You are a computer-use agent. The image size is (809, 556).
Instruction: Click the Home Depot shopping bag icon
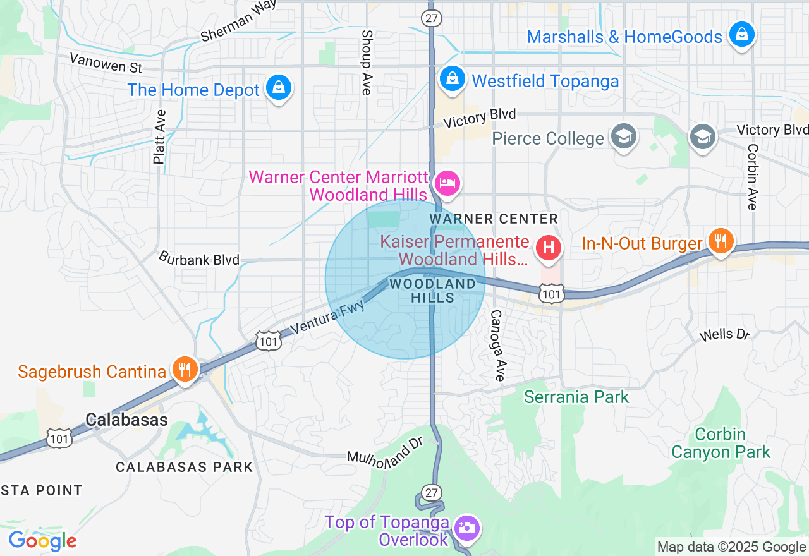278,88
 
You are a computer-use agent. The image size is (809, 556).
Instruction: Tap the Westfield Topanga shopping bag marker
452,79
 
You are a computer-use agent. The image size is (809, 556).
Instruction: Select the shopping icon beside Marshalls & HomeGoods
742,34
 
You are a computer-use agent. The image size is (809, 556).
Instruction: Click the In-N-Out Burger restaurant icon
720,241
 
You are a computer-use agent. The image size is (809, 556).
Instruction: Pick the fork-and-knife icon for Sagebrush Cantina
185,369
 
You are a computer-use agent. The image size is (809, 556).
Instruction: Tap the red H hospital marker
548,247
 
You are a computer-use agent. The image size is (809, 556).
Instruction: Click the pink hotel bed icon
447,183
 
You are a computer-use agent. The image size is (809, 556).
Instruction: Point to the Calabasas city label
126,420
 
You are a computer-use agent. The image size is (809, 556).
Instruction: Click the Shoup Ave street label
366,62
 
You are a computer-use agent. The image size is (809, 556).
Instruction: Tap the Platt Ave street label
159,137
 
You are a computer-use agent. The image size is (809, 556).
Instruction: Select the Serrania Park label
576,397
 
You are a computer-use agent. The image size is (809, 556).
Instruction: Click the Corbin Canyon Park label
721,444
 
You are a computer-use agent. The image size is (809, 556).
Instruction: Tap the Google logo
42,541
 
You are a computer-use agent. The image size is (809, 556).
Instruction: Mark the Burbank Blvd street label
199,259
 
